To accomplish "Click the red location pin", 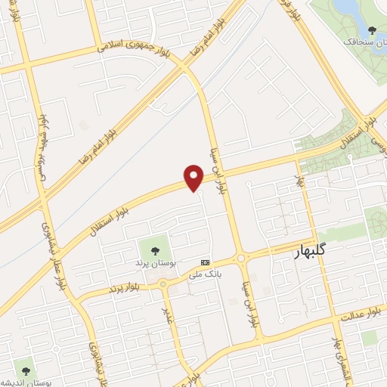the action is pos(194,177).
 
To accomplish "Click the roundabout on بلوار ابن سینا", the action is pos(242,259).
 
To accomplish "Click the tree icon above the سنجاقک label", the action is pos(370,30).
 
